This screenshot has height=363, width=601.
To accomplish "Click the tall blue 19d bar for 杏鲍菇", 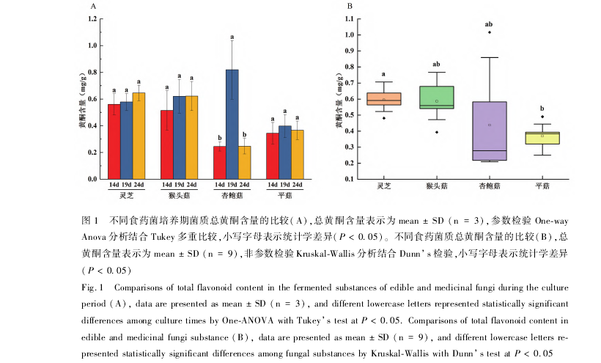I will click(232, 124).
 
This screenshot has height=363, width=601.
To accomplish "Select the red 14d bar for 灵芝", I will click(114, 142).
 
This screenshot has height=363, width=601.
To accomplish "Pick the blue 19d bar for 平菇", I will click(285, 152).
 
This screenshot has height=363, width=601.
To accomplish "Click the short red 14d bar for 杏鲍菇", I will click(219, 162).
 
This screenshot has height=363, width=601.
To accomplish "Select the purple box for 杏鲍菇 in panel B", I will click(490, 131).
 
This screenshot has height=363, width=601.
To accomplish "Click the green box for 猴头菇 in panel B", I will click(437, 97).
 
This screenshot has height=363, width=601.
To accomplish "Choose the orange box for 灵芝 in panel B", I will click(384, 99).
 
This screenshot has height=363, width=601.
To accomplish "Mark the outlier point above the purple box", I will click(490, 32).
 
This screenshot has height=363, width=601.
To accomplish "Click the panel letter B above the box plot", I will click(350, 6).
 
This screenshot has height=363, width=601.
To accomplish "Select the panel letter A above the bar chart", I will click(93, 6).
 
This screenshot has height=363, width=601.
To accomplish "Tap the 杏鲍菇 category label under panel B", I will click(490, 187).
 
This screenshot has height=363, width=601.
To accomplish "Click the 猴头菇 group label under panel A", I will click(179, 195).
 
